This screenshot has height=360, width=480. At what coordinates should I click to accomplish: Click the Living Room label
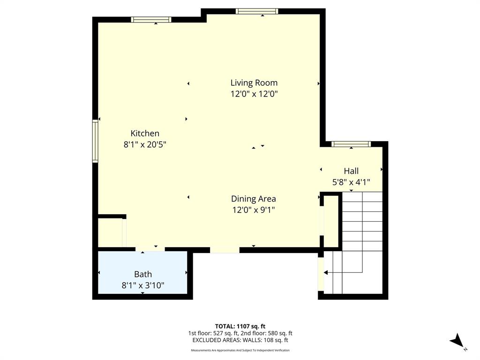pyautogui.click(x=254, y=83)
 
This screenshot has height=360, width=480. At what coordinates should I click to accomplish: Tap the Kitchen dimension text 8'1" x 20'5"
pyautogui.click(x=145, y=145)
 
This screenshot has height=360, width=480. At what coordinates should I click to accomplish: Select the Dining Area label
pyautogui.click(x=253, y=199)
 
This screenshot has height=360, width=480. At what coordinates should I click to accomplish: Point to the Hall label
pyautogui.click(x=351, y=171)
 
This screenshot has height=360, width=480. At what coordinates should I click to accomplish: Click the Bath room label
pyautogui.click(x=143, y=274)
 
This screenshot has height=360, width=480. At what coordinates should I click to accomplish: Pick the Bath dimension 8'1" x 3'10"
pyautogui.click(x=143, y=285)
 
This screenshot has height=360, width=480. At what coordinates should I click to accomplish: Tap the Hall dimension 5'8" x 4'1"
pyautogui.click(x=351, y=183)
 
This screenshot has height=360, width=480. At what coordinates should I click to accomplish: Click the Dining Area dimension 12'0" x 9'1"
pyautogui.click(x=253, y=210)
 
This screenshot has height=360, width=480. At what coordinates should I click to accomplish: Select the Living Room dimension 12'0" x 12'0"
pyautogui.click(x=254, y=94)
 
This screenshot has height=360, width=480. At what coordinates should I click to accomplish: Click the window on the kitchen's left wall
pyautogui.click(x=95, y=141)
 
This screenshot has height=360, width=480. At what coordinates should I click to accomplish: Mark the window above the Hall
pyautogui.click(x=351, y=144)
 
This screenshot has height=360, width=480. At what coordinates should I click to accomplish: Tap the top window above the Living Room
pyautogui.click(x=257, y=11)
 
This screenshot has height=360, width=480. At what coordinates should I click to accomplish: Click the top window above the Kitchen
pyautogui.click(x=151, y=20)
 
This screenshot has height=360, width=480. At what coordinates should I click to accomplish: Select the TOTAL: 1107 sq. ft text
pyautogui.click(x=240, y=326)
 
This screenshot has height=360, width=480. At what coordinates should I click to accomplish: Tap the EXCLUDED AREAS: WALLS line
pyautogui.click(x=240, y=340)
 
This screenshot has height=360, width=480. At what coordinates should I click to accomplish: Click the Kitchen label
pyautogui.click(x=145, y=134)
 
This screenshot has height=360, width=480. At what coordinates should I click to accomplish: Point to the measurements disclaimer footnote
pyautogui.click(x=240, y=350)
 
